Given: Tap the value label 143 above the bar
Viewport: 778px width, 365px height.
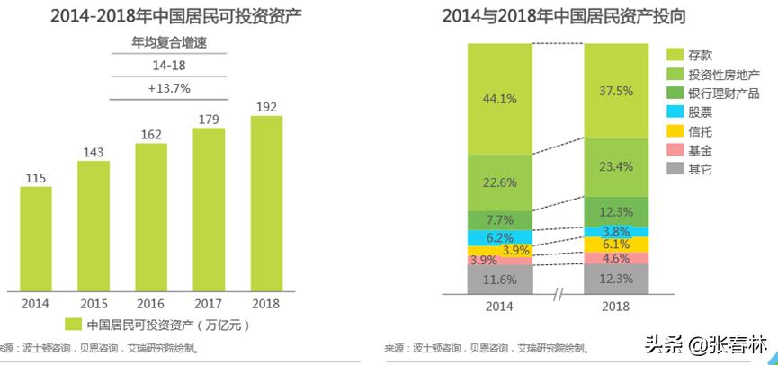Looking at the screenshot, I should [93, 152].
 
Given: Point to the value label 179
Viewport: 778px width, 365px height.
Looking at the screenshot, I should [208, 119].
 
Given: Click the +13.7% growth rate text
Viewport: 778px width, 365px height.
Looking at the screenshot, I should [169, 88].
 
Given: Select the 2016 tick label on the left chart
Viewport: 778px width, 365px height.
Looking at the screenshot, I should [150, 304].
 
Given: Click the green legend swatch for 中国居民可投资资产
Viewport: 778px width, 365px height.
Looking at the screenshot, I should [73, 324].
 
